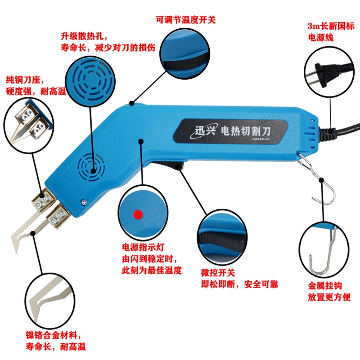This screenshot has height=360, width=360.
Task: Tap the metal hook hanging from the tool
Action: (x=315, y=175)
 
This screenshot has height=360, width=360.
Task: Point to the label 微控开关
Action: (x=218, y=273)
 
